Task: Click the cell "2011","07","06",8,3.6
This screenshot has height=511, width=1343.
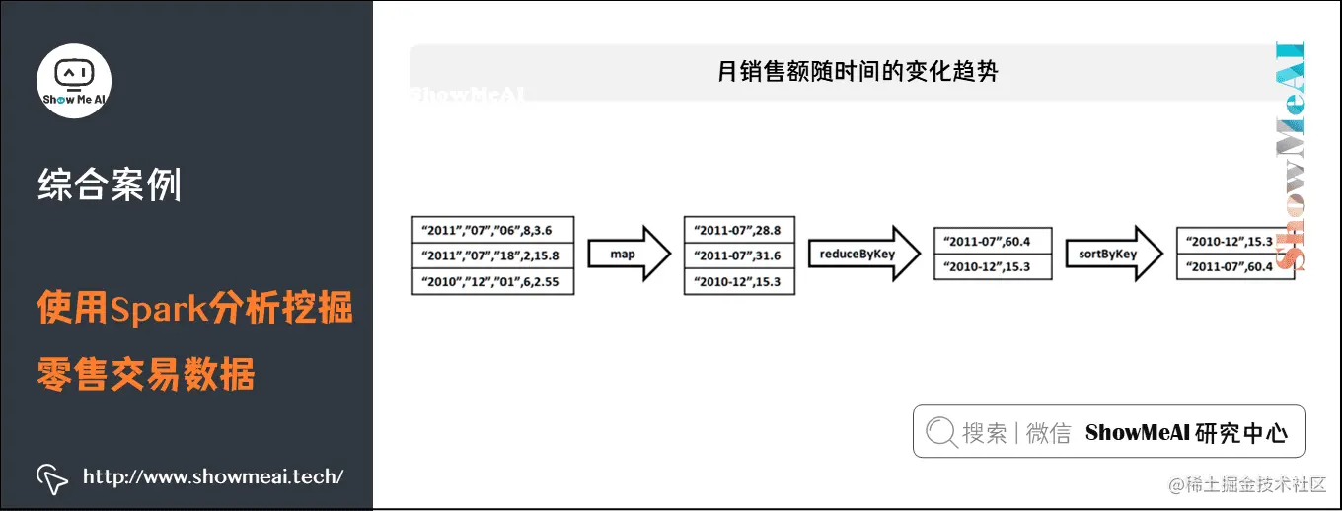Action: [492, 230]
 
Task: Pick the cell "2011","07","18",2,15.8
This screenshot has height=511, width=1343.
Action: [492, 255]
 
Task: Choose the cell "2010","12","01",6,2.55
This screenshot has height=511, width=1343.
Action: [492, 282]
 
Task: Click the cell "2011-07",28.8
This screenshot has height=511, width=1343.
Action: [738, 230]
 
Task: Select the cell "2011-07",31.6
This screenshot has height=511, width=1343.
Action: [738, 255]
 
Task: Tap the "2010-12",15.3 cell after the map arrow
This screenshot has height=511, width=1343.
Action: [738, 282]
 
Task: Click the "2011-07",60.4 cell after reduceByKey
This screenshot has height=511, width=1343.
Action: [993, 242]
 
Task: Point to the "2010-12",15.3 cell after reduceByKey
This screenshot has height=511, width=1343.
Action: [993, 267]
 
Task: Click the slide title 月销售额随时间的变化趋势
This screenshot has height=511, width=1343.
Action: [858, 72]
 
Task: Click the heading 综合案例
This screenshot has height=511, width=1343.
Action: [110, 184]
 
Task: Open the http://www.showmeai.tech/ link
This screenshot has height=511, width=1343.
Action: [213, 477]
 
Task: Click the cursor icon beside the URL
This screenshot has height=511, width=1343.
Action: [52, 477]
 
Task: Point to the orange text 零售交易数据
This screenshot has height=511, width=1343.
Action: [146, 375]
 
